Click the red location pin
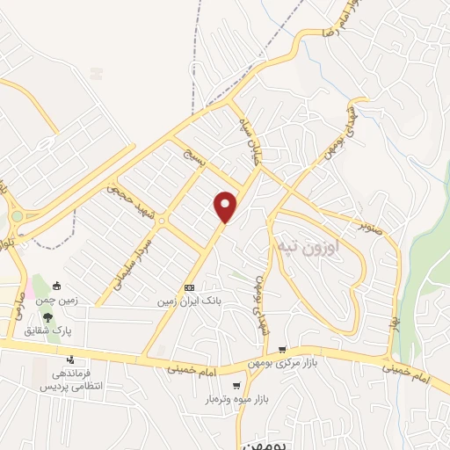click(x=226, y=206)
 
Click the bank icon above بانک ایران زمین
click(x=189, y=288)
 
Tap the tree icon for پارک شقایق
click(x=47, y=317)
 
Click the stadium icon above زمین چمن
click(x=57, y=286)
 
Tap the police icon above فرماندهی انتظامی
click(x=70, y=359)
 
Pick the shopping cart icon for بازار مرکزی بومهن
click(x=281, y=349)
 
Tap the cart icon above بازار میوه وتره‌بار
click(x=236, y=386)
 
